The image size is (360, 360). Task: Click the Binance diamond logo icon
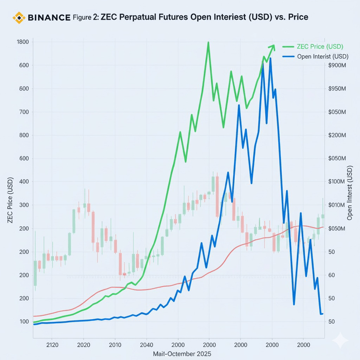[19, 17]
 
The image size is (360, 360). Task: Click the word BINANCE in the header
[49, 17]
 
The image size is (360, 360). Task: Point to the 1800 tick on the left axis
[23, 42]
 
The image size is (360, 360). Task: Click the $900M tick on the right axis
[338, 66]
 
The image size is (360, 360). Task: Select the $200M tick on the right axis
[338, 135]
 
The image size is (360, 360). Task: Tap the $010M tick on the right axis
[338, 205]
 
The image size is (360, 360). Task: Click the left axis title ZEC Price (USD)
[10, 200]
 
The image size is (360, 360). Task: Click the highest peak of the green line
[208, 43]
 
